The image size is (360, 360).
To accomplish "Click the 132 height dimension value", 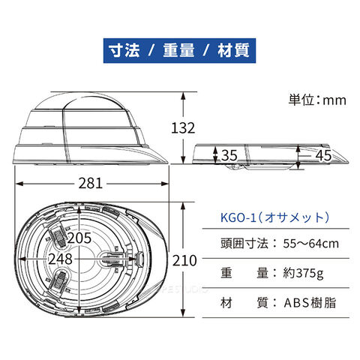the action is point(183,128).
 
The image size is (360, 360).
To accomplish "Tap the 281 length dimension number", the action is point(91,183).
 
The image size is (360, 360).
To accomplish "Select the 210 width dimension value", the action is point(184,261).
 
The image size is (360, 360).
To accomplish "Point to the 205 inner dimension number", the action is point(79,238).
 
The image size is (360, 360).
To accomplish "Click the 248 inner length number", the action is point(61,259).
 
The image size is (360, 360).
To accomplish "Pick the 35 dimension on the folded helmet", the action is point(229,155).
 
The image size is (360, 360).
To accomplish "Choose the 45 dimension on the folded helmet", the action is point(323,155).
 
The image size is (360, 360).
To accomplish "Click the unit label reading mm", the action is point(334,100).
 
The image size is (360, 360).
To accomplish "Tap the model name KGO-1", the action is point(238,217).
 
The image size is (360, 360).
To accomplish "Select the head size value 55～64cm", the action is point(311,244).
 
